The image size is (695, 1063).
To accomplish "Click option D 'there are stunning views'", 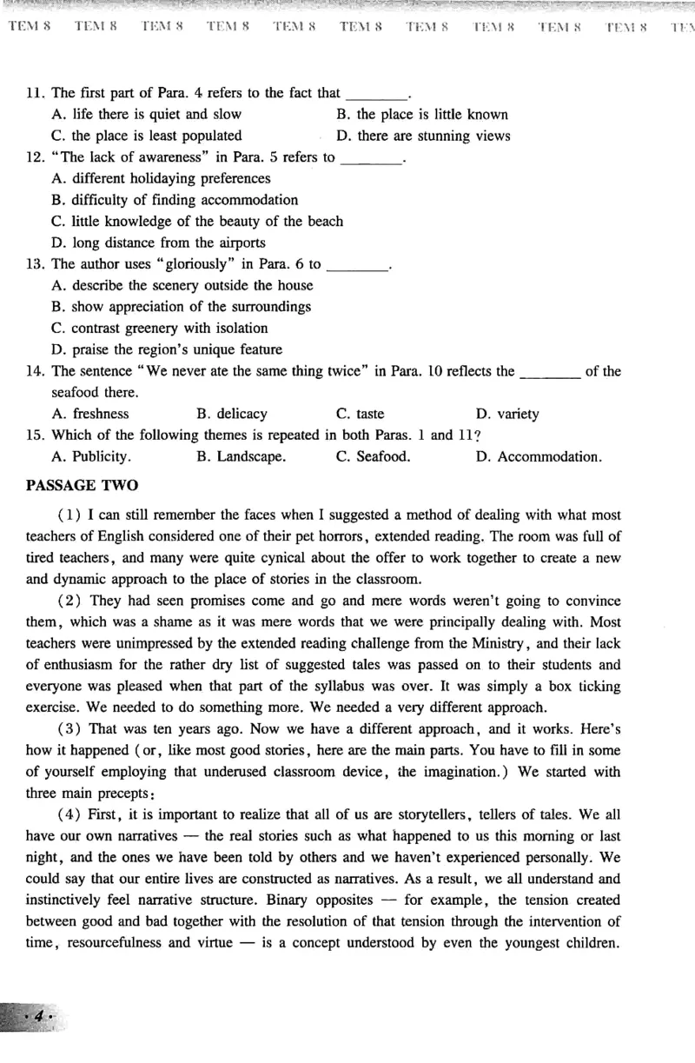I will pyautogui.click(x=423, y=136).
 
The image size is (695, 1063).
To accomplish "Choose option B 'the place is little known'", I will pyautogui.click(x=421, y=114).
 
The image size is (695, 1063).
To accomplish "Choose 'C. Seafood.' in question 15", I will pyautogui.click(x=374, y=456).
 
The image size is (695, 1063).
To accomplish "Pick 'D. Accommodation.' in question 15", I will pyautogui.click(x=538, y=456).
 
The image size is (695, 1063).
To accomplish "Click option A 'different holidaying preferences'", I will pyautogui.click(x=161, y=178).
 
